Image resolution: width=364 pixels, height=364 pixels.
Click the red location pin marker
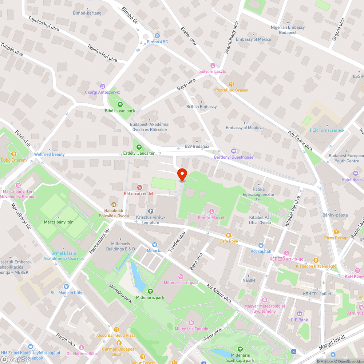tap(182, 174)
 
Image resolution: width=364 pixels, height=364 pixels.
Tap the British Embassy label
tap(201, 107)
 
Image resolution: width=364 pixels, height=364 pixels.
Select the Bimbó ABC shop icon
tap(157, 36)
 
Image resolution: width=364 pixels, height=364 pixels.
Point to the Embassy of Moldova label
tap(244, 128)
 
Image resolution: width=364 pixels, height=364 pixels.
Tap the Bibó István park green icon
tap(120, 105)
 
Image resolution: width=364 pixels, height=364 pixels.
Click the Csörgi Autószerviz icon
tap(102, 86)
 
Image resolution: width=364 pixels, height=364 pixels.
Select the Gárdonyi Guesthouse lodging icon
tap(234, 151)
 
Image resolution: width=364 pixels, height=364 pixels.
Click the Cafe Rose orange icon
tap(229, 235)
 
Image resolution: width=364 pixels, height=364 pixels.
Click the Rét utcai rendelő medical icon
tap(139, 187)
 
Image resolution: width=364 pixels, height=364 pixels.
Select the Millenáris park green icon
tap(150, 291)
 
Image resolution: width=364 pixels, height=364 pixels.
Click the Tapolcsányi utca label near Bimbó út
tap(102, 53)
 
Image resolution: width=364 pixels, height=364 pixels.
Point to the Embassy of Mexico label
tap(253, 39)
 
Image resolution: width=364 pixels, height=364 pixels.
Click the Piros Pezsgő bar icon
tap(336, 232)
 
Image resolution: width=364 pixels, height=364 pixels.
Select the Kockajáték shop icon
tap(261, 245)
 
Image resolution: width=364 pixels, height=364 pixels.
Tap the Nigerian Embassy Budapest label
tap(288, 30)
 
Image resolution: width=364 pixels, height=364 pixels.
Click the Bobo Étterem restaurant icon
tap(14, 154)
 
